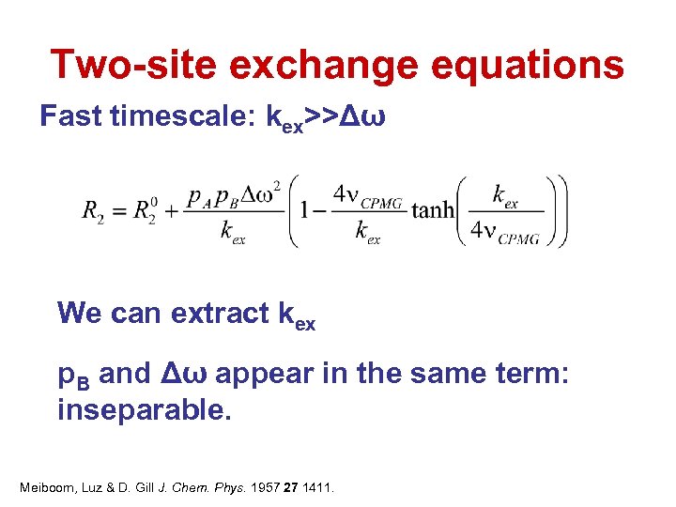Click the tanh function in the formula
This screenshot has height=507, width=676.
(433, 209)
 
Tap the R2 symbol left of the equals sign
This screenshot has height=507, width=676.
(93, 212)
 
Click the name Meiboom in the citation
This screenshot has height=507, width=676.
(48, 487)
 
